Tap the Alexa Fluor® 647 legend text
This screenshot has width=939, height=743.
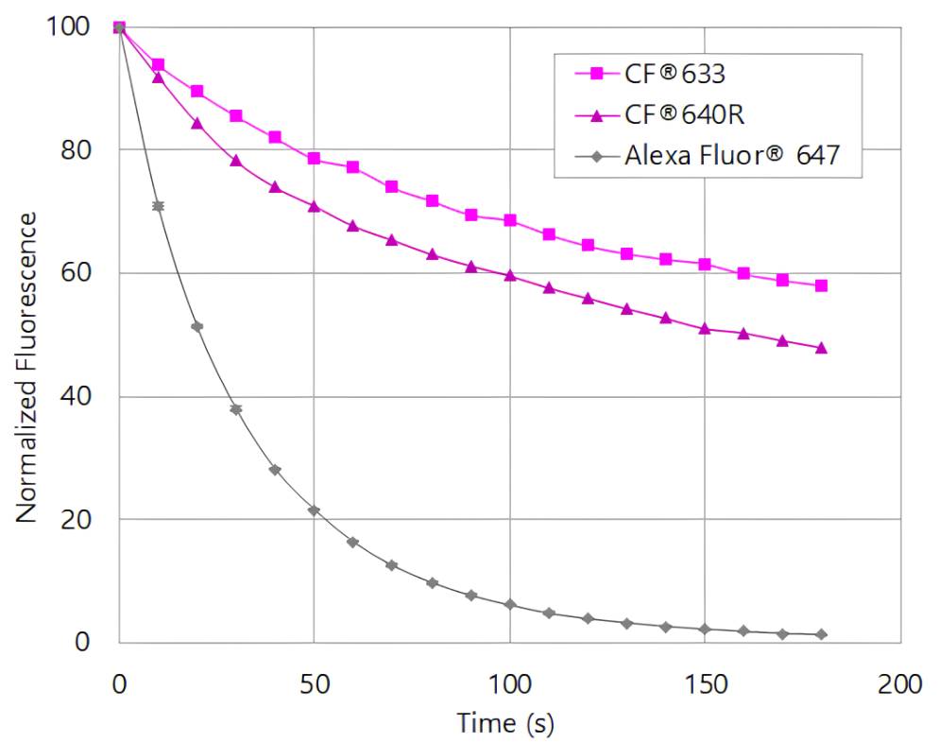(731, 155)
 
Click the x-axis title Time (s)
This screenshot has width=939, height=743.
(505, 724)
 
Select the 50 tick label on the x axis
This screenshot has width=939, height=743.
(314, 684)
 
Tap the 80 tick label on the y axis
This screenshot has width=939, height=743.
(80, 150)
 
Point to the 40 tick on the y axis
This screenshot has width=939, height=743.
(80, 397)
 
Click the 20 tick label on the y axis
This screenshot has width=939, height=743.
(80, 520)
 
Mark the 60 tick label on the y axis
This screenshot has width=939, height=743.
(80, 273)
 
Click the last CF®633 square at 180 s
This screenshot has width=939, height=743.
(822, 285)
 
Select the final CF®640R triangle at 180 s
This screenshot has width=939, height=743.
(822, 348)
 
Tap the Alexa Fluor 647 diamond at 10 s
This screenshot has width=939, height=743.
(158, 206)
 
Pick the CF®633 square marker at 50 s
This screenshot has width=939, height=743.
(314, 159)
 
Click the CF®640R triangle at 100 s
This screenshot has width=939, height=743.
(510, 275)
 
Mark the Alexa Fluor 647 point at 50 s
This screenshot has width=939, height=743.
(314, 510)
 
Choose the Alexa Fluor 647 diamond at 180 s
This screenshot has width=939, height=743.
(822, 634)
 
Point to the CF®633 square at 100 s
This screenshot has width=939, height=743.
(510, 220)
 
